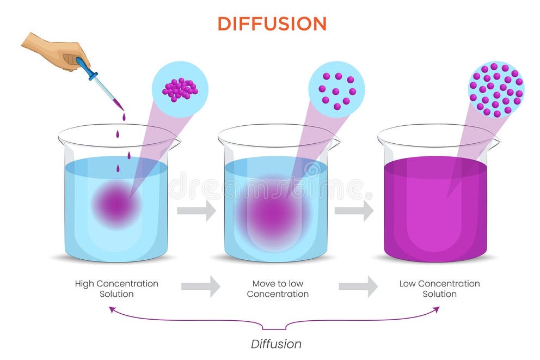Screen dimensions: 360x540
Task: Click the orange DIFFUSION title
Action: [x=272, y=23]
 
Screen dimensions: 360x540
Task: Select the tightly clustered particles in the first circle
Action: [x=180, y=89]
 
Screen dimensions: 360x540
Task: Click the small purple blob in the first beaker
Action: [x=115, y=204]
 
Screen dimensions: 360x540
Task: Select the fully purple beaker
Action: [x=435, y=207]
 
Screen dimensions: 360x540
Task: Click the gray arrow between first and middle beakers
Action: [x=197, y=211]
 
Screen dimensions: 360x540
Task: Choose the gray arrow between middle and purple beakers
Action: [x=354, y=211]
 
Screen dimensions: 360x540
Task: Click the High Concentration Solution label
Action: [x=116, y=289]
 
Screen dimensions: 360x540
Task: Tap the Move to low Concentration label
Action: [x=278, y=289]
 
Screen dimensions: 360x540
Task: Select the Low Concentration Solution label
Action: [x=439, y=289]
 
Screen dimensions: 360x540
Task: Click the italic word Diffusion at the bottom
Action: [x=276, y=344]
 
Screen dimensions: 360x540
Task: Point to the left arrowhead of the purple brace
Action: [x=112, y=309]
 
